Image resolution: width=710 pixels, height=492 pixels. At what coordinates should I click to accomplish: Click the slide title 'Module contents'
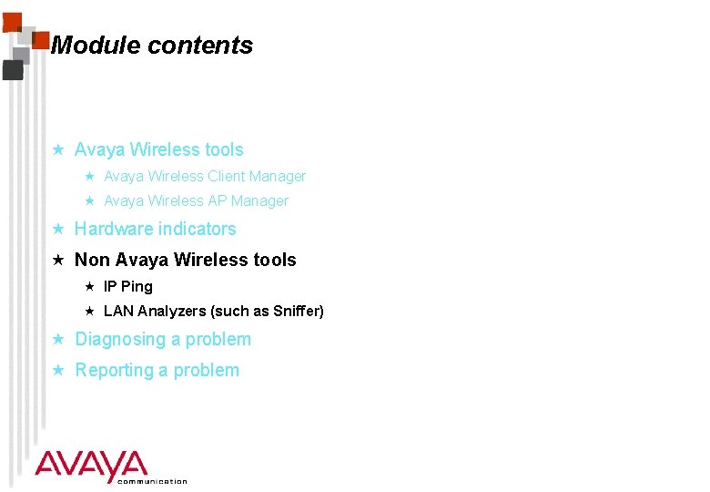[x=152, y=46]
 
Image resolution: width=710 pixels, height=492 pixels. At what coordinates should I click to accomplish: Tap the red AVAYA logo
[x=91, y=465]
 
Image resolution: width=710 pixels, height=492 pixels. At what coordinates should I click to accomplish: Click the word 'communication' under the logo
[x=152, y=481]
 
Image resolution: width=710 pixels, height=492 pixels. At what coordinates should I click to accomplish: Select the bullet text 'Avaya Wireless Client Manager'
[x=205, y=176]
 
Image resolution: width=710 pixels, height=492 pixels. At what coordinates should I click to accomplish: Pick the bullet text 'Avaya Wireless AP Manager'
[x=196, y=200]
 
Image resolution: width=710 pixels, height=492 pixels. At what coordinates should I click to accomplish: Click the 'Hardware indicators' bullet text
[x=155, y=229]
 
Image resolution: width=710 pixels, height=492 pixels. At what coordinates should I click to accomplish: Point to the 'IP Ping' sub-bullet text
[x=128, y=286]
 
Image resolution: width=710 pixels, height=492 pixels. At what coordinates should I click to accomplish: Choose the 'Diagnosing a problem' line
[x=163, y=339]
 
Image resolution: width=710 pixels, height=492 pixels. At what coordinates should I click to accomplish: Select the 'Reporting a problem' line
[x=157, y=370]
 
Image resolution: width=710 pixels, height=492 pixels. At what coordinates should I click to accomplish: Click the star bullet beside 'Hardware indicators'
[x=57, y=229]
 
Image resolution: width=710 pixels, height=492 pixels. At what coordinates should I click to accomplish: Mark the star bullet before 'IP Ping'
[x=89, y=286]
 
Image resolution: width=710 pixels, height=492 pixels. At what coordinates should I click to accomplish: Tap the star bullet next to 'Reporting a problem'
[x=57, y=370]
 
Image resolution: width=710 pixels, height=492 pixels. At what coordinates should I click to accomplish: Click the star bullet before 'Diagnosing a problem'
[x=57, y=339]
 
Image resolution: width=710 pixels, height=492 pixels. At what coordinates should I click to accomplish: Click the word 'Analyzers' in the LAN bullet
[x=171, y=311]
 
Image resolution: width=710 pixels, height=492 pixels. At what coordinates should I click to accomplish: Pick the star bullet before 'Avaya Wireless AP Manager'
[x=89, y=200]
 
